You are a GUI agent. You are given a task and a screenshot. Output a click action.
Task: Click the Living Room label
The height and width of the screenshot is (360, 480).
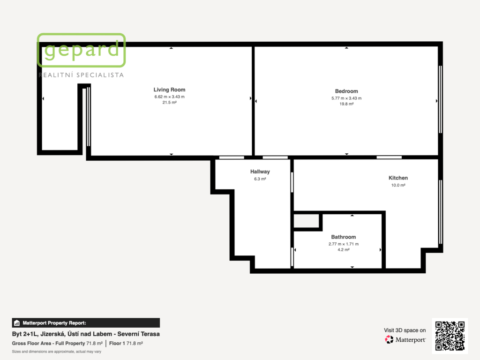click(169, 90)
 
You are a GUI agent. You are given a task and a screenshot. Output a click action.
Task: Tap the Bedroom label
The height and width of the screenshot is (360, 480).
click(346, 91)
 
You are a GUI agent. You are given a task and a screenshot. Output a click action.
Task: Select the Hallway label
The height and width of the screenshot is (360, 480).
click(260, 172)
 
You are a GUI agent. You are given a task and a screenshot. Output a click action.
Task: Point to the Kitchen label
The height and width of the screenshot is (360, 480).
click(398, 178)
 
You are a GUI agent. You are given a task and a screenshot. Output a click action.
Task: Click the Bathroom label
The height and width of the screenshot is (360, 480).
click(344, 237)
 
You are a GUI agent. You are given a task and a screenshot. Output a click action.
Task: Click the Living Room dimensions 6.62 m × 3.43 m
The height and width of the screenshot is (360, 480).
click(169, 97)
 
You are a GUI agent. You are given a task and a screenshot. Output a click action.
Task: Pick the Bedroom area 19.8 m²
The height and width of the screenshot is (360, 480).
click(346, 104)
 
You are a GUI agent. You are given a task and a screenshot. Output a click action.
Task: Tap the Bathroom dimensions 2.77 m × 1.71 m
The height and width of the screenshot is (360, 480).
click(344, 244)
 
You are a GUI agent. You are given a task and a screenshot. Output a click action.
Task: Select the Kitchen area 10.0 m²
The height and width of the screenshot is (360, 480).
click(398, 185)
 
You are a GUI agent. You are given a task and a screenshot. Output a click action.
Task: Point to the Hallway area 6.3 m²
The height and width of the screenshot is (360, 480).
click(260, 179)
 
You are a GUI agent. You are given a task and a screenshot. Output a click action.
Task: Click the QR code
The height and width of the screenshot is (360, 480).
click(450, 336)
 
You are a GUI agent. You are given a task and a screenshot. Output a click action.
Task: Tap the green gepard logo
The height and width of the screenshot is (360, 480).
click(81, 50)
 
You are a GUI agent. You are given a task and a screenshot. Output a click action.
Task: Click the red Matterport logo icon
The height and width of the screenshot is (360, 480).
click(389, 339)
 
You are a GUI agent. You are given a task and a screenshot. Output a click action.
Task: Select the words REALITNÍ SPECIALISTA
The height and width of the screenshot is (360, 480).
click(81, 75)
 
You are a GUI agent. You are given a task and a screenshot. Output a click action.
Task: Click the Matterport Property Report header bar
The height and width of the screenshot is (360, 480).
click(86, 323)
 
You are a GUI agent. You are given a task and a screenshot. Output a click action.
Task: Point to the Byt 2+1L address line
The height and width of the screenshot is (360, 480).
click(86, 334)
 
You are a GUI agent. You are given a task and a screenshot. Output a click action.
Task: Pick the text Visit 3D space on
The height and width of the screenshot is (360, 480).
click(405, 330)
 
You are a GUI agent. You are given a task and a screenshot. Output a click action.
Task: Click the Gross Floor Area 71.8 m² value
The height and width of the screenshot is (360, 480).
click(94, 344)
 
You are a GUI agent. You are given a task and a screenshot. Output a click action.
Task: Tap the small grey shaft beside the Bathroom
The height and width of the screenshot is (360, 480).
click(306, 221)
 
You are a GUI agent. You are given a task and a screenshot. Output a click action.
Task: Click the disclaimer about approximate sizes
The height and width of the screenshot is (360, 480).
click(56, 352)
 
